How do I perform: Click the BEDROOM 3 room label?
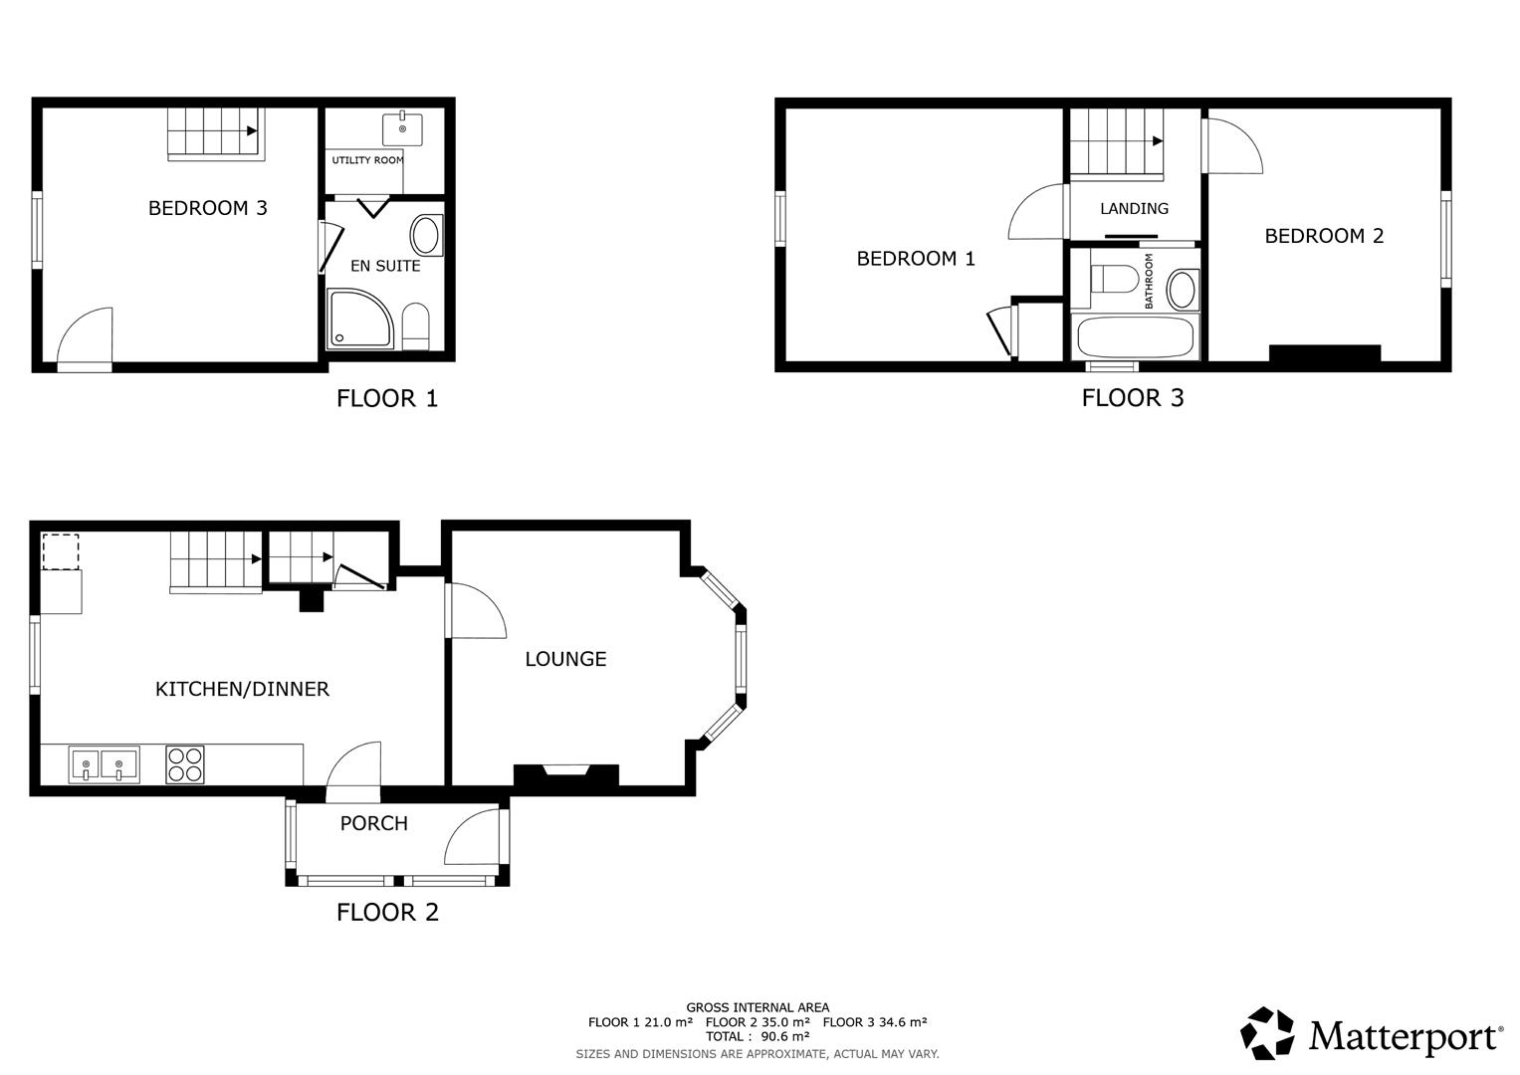(207, 208)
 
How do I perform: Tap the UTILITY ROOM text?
(367, 160)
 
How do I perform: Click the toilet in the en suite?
(415, 326)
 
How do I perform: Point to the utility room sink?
(402, 129)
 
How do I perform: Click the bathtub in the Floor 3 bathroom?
(1135, 337)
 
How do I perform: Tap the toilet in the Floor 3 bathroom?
(1114, 279)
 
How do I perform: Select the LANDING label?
(1134, 209)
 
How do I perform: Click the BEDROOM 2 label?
(1324, 236)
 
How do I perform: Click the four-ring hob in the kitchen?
(185, 764)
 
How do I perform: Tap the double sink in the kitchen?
(104, 765)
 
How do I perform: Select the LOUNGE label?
(565, 659)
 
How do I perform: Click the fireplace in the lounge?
(565, 773)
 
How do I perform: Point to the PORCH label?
(373, 823)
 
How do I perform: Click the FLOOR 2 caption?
(387, 912)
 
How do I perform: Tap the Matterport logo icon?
(1267, 1033)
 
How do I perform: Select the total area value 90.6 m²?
(784, 1036)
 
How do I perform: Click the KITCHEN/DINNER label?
(242, 689)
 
